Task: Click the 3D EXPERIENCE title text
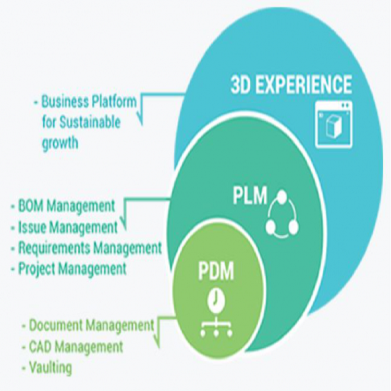click(291, 84)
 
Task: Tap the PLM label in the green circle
click(250, 197)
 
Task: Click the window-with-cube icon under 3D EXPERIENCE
click(334, 123)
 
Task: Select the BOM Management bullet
click(66, 205)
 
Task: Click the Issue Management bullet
click(68, 227)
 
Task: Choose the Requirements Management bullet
click(90, 248)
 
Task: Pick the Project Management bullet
click(72, 269)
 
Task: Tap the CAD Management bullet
click(76, 346)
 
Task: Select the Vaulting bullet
click(51, 368)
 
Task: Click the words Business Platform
click(89, 101)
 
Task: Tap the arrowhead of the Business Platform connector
click(141, 121)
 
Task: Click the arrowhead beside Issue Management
click(124, 225)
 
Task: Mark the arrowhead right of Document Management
click(158, 344)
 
